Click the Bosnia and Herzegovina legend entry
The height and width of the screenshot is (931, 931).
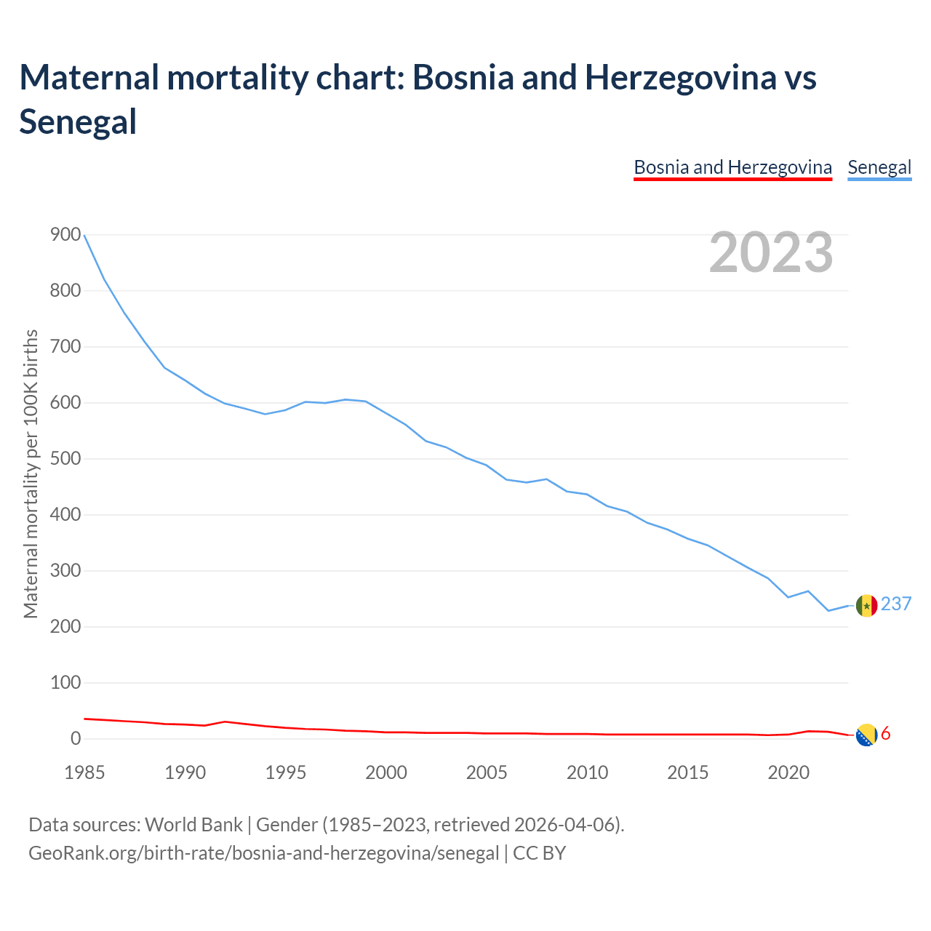[x=732, y=167]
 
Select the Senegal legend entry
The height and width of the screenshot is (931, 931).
[x=879, y=167]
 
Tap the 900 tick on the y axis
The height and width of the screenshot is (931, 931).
[x=65, y=234]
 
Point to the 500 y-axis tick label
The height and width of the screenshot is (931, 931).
[x=65, y=458]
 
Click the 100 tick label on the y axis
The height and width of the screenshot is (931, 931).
[x=65, y=682]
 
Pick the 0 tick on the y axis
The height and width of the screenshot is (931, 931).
[x=76, y=738]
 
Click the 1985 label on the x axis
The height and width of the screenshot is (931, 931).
[x=84, y=772]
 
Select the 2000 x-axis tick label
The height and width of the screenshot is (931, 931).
[x=386, y=772]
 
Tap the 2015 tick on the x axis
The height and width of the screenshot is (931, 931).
[x=687, y=772]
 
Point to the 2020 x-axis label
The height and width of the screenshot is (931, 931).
[x=788, y=772]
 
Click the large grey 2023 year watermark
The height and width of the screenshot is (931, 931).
[x=771, y=252]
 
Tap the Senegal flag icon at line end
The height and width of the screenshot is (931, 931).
[x=866, y=605]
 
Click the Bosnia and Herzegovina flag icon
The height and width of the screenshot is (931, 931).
[x=866, y=735]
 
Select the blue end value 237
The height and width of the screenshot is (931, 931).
[x=896, y=604]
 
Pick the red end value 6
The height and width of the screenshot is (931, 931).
[x=886, y=734]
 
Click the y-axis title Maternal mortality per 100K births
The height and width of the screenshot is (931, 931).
[x=31, y=474]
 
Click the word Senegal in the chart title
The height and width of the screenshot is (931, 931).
[x=78, y=121]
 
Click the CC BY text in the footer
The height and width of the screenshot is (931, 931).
[x=540, y=853]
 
